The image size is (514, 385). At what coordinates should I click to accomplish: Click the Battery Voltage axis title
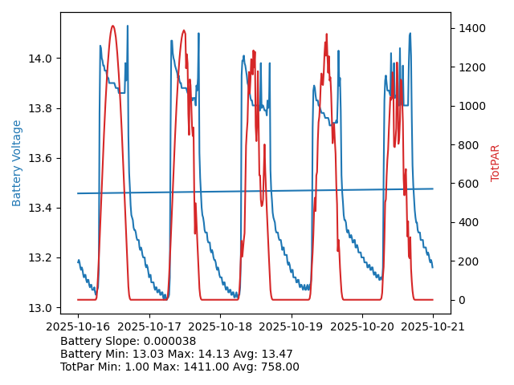click(17, 163)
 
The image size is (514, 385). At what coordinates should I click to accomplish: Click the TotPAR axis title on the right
click(496, 163)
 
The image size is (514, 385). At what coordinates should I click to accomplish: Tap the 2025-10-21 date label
click(434, 327)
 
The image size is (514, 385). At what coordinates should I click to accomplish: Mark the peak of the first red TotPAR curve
click(112, 26)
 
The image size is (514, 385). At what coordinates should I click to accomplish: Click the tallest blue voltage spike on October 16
click(127, 26)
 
